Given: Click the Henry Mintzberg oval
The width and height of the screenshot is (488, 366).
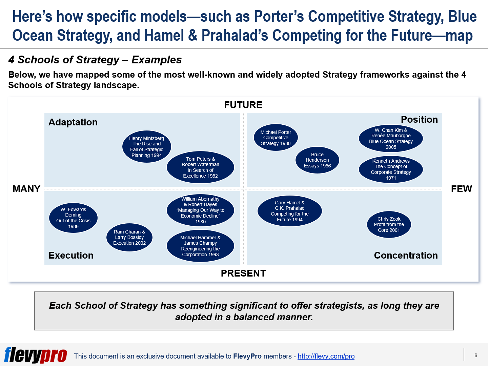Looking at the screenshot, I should tap(146, 147).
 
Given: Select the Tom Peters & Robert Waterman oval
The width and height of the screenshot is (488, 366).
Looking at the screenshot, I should tap(200, 167).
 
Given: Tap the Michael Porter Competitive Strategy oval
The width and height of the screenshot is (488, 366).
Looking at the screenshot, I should tap(276, 138).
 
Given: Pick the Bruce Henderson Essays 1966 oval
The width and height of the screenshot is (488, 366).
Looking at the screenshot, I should tap(317, 160).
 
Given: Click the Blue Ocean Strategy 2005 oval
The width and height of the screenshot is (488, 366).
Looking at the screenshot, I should tap(391, 138).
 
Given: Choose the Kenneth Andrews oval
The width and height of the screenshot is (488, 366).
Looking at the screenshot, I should tap(391, 169).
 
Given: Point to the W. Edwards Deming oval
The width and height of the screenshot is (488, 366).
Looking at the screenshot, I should tap(73, 218).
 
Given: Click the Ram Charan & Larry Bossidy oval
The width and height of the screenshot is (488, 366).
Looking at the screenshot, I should tap(129, 237).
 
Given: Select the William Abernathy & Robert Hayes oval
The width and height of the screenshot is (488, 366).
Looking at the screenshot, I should tap(200, 210).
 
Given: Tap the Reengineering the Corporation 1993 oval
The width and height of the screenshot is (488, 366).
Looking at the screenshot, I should tap(200, 246).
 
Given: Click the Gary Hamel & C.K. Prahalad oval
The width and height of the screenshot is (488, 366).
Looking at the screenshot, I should tap(289, 211).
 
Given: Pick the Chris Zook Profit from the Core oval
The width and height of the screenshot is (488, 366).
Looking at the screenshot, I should tap(389, 224).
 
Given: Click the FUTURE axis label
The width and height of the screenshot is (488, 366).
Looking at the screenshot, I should tap(243, 105).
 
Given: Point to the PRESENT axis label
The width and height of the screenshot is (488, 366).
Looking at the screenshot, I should tap(243, 273).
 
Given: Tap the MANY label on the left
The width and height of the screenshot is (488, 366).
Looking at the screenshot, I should tap(26, 189).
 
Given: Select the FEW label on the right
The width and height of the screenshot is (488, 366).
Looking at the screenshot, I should tap(461, 189).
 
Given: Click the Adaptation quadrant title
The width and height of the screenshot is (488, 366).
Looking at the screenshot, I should tap(73, 122).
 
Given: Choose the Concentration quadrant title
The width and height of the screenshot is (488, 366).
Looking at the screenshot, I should tap(406, 255).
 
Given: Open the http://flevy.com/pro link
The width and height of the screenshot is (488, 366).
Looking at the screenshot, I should tap(326, 356).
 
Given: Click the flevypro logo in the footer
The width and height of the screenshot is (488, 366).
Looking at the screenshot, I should tap(36, 355).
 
